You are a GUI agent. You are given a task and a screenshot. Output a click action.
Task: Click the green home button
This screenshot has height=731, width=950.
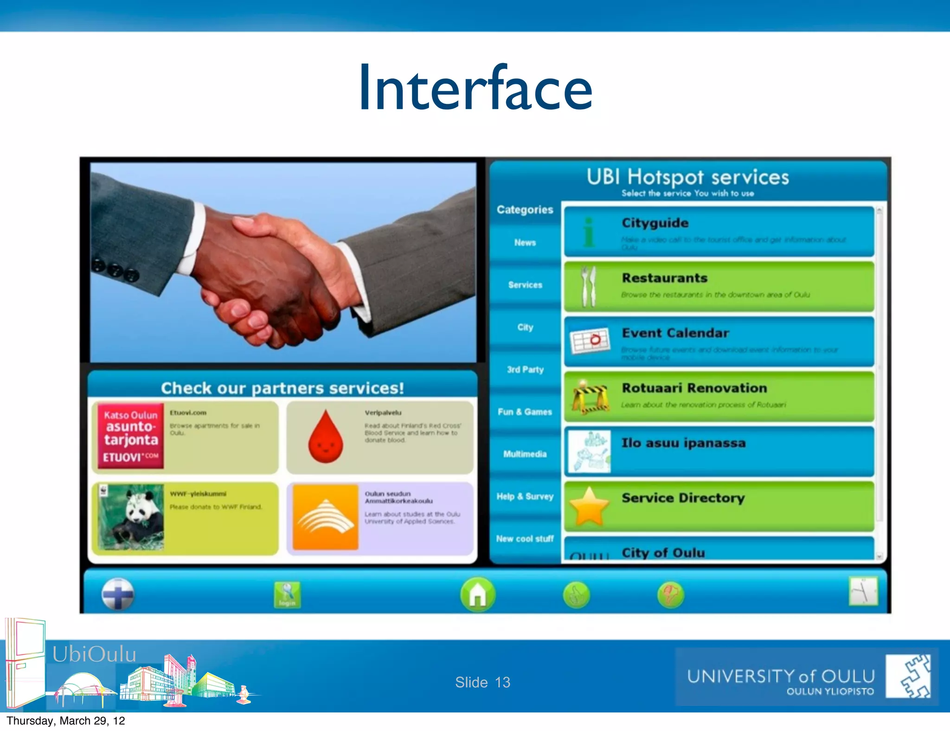(477, 594)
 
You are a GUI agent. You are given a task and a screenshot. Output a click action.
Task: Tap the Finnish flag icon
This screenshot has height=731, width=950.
(118, 594)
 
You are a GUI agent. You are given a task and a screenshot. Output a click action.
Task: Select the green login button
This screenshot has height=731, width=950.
(287, 595)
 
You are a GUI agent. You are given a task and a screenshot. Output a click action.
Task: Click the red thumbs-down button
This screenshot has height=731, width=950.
(671, 595)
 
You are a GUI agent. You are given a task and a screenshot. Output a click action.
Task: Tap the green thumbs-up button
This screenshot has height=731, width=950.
(576, 595)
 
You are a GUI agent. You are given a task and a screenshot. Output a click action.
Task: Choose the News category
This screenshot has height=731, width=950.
(525, 243)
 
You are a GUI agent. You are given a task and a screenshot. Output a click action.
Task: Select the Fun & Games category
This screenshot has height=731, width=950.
(525, 412)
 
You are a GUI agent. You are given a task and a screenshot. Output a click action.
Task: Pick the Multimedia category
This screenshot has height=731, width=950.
(525, 454)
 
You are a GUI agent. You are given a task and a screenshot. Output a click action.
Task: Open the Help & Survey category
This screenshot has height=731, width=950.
(525, 496)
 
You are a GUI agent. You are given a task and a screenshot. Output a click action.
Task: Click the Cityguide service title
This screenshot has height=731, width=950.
(655, 223)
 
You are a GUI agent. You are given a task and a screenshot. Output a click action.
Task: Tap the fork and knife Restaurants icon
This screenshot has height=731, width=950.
(589, 287)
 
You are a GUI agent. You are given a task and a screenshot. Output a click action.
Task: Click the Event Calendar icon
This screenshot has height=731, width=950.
(589, 341)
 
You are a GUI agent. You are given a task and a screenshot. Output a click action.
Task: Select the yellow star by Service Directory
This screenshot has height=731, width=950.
(589, 507)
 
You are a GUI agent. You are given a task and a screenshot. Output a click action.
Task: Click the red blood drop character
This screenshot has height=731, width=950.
(326, 437)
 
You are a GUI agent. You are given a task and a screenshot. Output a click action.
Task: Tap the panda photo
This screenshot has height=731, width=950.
(131, 517)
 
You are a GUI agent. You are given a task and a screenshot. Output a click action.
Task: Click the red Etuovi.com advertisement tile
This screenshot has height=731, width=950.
(131, 436)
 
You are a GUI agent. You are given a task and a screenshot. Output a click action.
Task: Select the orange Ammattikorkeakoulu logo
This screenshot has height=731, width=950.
(325, 517)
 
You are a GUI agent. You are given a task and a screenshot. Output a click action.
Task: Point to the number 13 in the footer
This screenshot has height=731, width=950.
(502, 682)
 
